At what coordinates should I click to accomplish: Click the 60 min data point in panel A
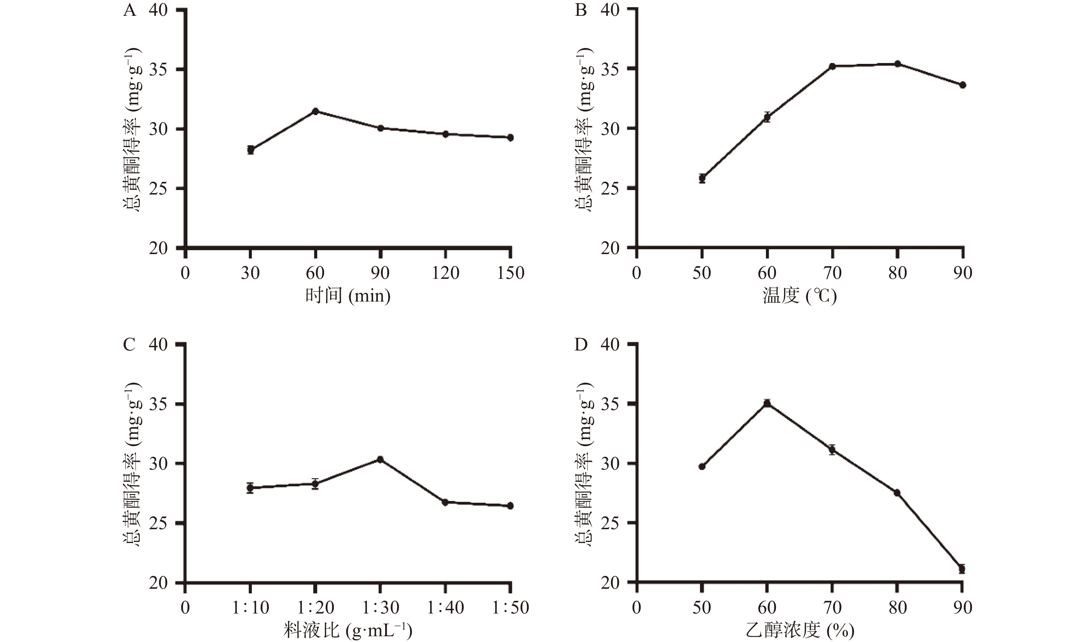pyautogui.click(x=315, y=111)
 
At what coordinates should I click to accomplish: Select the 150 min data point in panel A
pyautogui.click(x=511, y=138)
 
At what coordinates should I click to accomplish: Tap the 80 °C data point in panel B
pyautogui.click(x=897, y=64)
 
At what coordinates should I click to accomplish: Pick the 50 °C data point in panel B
pyautogui.click(x=702, y=178)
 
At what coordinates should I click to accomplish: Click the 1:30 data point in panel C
pyautogui.click(x=380, y=460)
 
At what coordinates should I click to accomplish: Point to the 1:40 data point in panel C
pyautogui.click(x=445, y=502)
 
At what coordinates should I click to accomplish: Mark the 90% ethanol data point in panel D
pyautogui.click(x=962, y=569)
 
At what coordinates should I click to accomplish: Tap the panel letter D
pyautogui.click(x=581, y=345)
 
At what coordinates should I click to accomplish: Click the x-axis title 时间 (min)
pyautogui.click(x=348, y=296)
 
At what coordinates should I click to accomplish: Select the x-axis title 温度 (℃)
pyautogui.click(x=800, y=296)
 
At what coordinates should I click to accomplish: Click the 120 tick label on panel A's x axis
pyautogui.click(x=445, y=273)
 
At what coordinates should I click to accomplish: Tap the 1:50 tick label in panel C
pyautogui.click(x=511, y=608)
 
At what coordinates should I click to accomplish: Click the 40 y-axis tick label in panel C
pyautogui.click(x=158, y=345)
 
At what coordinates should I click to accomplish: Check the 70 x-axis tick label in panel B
pyautogui.click(x=832, y=273)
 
